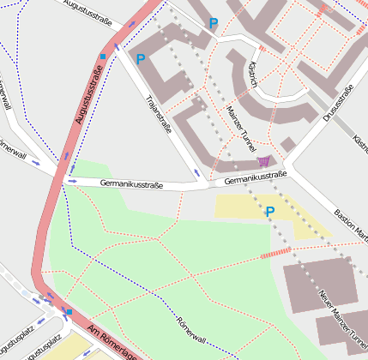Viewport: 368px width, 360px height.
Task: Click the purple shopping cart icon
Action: click(263, 160)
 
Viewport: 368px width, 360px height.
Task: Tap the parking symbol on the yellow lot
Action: click(269, 211)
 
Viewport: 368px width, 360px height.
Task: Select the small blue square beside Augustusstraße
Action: click(103, 57)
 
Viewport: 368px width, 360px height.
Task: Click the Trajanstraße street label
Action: click(159, 116)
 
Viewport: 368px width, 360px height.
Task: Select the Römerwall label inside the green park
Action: click(193, 332)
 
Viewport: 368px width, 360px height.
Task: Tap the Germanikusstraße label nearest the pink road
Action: click(131, 183)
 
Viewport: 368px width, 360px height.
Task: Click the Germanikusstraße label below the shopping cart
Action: click(255, 178)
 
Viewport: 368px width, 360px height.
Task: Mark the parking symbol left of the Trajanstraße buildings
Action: click(141, 59)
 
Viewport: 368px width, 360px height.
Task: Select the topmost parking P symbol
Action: click(214, 23)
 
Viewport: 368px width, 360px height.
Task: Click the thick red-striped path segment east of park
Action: click(275, 252)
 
